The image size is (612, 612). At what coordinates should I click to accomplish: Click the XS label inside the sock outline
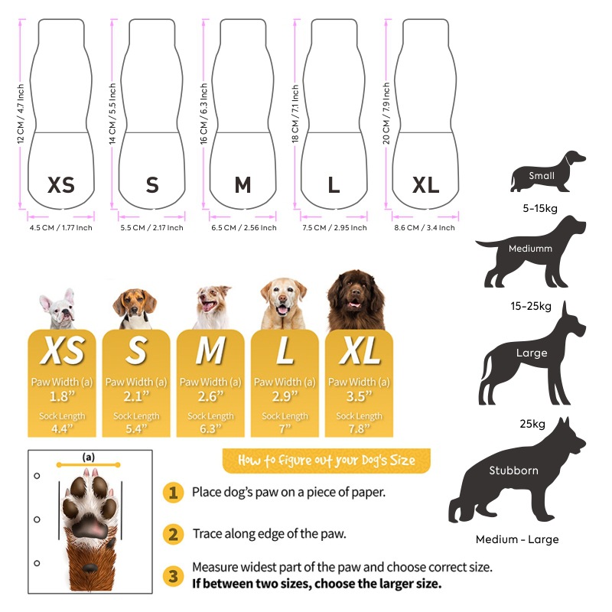pos(61,185)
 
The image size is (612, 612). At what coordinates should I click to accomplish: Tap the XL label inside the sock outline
pos(426,185)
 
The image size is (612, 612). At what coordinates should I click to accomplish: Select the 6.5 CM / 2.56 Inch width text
pos(243,228)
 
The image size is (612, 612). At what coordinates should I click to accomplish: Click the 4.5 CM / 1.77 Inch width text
pos(60,228)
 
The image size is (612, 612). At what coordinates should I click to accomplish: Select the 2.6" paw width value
pos(210,396)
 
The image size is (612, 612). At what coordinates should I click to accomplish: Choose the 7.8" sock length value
pos(359,430)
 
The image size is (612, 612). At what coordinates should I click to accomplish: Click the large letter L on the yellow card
pos(285,351)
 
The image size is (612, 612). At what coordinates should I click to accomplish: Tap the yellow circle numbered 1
pos(173,493)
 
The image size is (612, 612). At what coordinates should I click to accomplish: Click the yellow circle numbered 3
pos(173,575)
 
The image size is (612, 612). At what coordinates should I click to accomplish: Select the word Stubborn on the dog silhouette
pos(513,470)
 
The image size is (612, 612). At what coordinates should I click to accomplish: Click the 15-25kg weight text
pos(530,307)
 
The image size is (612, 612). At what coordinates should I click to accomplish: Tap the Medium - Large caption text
pos(517,539)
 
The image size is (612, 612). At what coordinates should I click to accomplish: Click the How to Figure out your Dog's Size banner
pos(327,461)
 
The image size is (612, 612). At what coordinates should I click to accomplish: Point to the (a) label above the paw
pos(89,457)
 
